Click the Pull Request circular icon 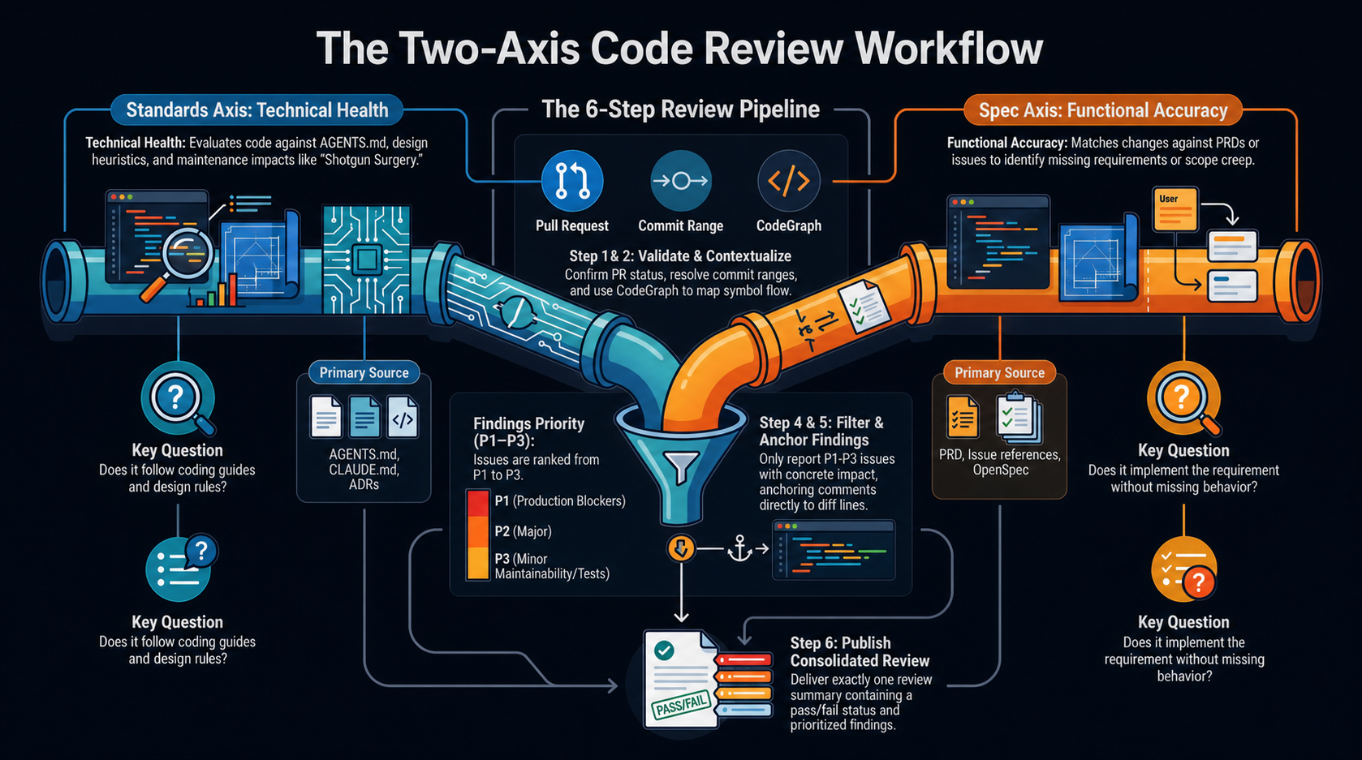(571, 181)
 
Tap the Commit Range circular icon (680, 181)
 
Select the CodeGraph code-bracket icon (789, 181)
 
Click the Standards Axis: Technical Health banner (256, 110)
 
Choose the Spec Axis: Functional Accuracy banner (1103, 110)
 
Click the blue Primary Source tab (364, 372)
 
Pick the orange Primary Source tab (1000, 372)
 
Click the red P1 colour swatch (478, 502)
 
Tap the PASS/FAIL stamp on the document (682, 706)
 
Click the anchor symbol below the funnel (739, 548)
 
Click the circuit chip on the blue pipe (366, 260)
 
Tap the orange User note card (1175, 209)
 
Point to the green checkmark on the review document (664, 651)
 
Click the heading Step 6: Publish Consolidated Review (860, 652)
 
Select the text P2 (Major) (523, 531)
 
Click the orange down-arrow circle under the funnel (681, 548)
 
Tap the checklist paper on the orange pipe (864, 306)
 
